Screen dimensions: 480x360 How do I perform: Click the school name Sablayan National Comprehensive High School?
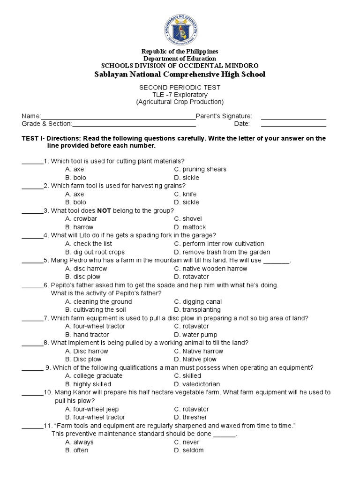(180, 74)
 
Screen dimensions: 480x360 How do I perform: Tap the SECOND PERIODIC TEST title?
(180, 87)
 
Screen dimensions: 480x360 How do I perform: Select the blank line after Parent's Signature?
(293, 118)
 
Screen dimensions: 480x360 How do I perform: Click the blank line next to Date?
(293, 126)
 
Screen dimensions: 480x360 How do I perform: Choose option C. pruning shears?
(200, 169)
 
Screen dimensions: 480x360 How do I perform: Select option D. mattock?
(190, 227)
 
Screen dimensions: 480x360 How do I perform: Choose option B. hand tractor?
(87, 335)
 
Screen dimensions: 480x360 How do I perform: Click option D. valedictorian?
(197, 384)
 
